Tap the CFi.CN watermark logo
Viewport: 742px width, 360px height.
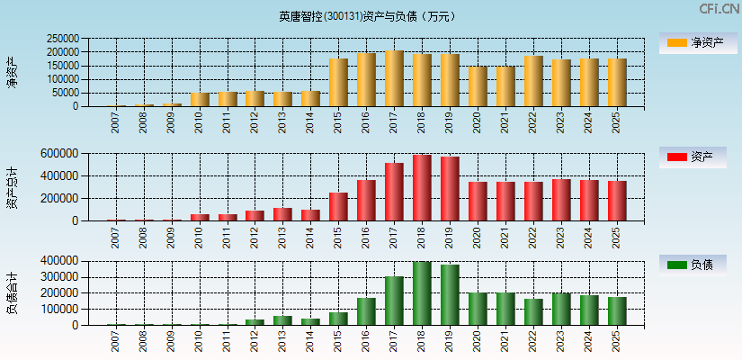click(719, 9)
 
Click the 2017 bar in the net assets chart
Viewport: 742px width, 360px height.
click(394, 79)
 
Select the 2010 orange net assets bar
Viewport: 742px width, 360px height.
click(200, 100)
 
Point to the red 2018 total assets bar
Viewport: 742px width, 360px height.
click(422, 188)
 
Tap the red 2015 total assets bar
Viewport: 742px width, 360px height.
click(338, 207)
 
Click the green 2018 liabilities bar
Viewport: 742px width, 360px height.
click(422, 293)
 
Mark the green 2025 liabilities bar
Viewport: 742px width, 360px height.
click(617, 311)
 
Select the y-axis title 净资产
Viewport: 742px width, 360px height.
click(12, 72)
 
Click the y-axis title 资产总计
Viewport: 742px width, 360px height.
click(12, 187)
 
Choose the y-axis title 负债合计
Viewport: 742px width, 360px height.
click(12, 292)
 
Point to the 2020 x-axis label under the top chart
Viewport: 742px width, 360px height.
click(478, 122)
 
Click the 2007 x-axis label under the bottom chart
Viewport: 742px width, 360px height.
click(116, 341)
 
